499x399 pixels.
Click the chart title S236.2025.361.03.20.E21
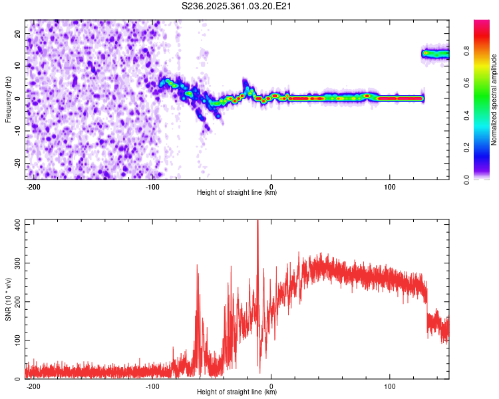click(238, 6)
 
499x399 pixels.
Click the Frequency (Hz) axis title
click(8, 98)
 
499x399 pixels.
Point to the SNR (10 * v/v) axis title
click(8, 299)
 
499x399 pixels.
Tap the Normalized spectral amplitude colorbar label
click(494, 99)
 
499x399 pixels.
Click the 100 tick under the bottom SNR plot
click(389, 386)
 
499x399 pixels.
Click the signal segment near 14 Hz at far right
click(435, 54)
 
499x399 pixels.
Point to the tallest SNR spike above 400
click(257, 223)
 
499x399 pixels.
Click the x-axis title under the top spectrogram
click(237, 193)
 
